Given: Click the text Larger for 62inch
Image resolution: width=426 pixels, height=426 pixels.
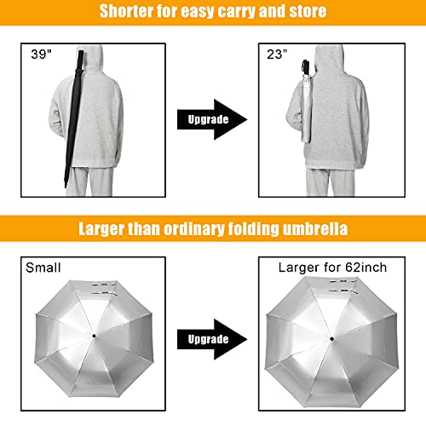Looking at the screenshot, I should pyautogui.click(x=332, y=268).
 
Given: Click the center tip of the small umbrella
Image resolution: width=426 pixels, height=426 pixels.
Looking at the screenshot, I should pyautogui.click(x=91, y=338).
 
